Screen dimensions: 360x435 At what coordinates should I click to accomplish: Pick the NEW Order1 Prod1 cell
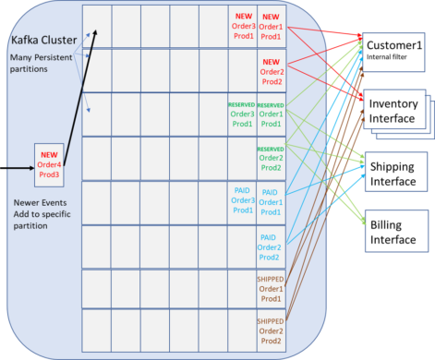point(272,27)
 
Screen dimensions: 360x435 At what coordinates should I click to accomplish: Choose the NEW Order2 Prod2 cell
point(272,70)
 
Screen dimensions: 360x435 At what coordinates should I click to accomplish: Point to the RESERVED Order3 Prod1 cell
point(241,114)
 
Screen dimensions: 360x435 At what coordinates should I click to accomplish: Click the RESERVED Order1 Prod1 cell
point(272,114)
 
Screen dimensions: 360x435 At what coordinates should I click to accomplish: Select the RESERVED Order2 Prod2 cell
point(272,158)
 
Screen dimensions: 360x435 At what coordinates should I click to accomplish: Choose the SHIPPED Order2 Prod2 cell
point(272,330)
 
